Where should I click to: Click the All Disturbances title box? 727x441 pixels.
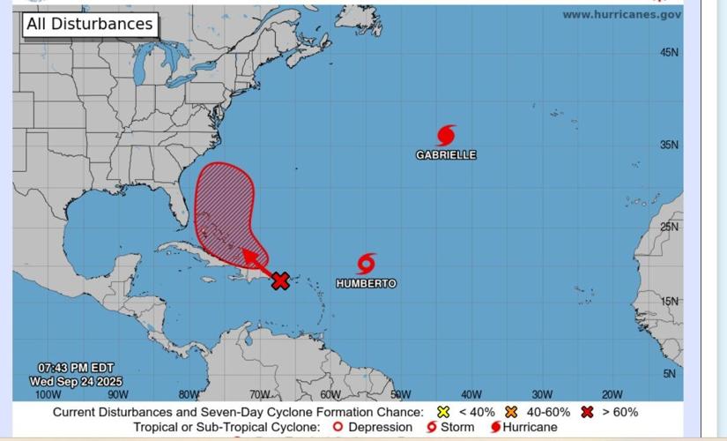[88, 24]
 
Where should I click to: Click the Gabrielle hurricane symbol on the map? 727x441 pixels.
[447, 135]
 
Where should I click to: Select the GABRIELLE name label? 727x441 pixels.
[446, 155]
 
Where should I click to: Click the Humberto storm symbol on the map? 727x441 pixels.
[367, 263]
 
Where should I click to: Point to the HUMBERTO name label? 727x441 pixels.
[366, 283]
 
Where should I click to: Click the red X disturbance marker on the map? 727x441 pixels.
[280, 281]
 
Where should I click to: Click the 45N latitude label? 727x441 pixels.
[670, 53]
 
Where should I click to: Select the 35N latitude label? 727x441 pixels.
[670, 146]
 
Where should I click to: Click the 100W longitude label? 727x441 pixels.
[48, 395]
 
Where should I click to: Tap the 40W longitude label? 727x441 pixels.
[471, 395]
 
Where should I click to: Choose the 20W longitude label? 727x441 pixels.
[612, 395]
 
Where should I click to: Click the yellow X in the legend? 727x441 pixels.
[443, 412]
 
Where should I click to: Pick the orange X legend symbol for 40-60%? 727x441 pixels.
[509, 412]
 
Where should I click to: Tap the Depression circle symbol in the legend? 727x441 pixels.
[338, 427]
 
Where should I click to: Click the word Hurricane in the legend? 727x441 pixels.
[530, 427]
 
